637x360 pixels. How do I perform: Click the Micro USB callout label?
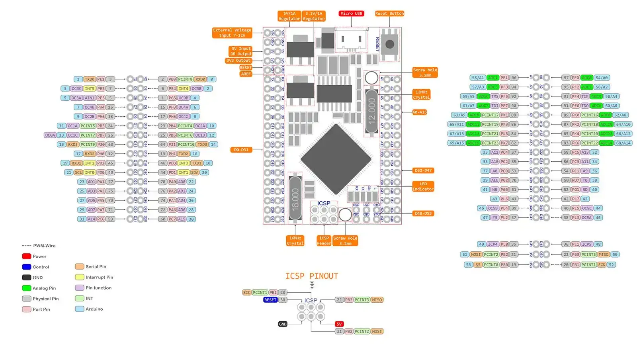351,14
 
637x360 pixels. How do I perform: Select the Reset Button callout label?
389,14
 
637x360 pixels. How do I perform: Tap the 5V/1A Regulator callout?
289,16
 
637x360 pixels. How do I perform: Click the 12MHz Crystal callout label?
421,95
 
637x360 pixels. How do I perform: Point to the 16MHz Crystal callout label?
295,241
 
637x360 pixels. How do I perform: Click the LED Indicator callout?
423,186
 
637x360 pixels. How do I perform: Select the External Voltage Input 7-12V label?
232,33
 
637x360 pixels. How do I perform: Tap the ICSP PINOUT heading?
311,276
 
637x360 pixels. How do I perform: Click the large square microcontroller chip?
336,159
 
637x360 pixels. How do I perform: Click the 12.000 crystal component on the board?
371,111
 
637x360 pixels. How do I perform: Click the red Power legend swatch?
27,256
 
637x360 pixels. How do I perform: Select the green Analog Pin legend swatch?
27,288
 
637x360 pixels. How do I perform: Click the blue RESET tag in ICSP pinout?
270,300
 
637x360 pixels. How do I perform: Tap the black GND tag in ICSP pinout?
283,324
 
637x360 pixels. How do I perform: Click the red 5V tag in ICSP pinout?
339,324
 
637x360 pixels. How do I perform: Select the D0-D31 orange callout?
241,150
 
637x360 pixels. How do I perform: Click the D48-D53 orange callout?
423,213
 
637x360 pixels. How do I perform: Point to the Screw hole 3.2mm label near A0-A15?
425,72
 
